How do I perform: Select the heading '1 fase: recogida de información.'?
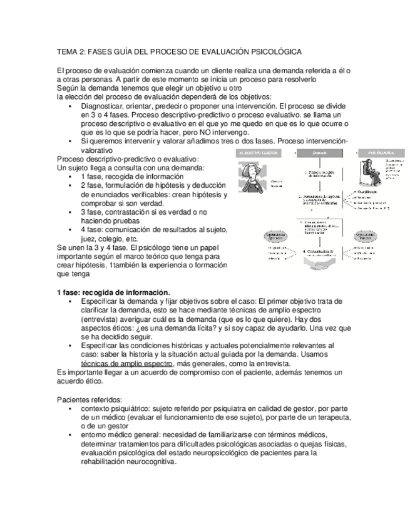coord(113,292)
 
